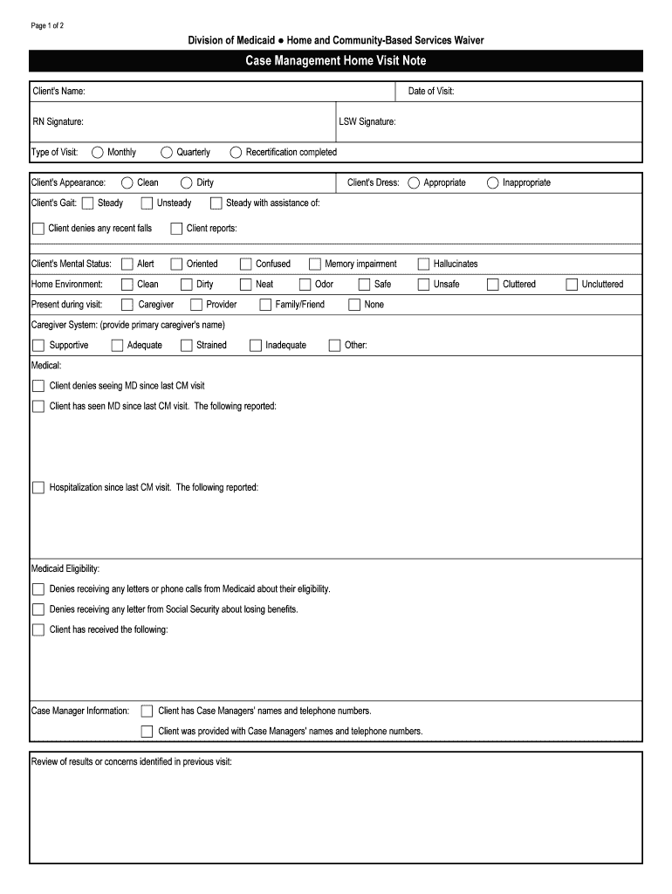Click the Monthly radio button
click(x=98, y=152)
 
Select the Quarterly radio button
click(x=167, y=152)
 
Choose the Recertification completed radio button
click(x=236, y=152)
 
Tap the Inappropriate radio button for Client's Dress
click(x=493, y=182)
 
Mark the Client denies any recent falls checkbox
click(x=38, y=229)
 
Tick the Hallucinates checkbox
click(x=424, y=264)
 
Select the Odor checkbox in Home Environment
click(x=305, y=284)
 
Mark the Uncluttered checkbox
click(x=572, y=284)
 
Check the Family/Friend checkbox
click(x=265, y=305)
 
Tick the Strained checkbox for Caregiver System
click(x=186, y=345)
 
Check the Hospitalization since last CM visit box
click(x=38, y=487)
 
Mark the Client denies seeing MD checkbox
click(x=38, y=385)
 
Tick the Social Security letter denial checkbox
click(x=38, y=609)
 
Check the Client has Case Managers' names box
click(x=147, y=711)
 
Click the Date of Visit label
click(x=431, y=92)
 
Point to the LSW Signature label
click(x=367, y=121)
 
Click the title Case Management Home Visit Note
click(x=336, y=61)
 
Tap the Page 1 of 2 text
click(x=47, y=25)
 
